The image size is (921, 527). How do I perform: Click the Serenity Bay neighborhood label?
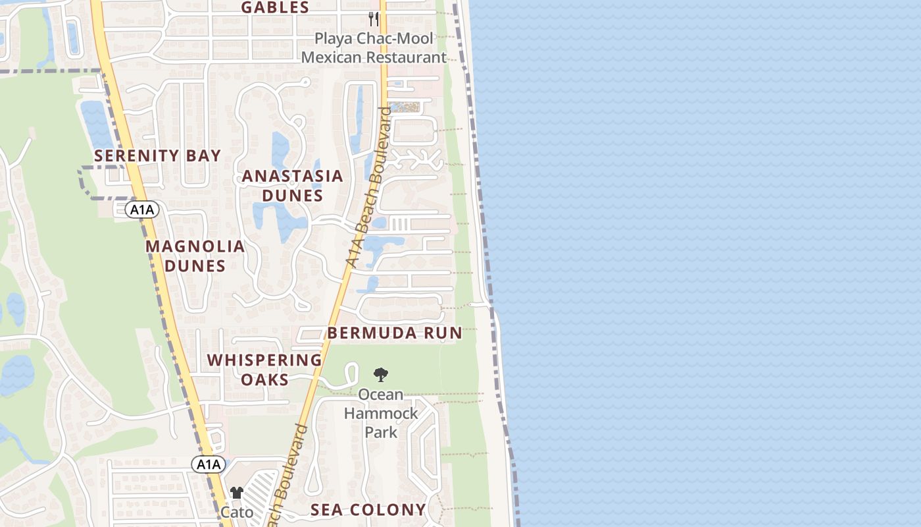[157, 156]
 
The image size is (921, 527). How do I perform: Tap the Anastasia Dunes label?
[293, 186]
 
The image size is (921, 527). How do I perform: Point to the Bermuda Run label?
[395, 333]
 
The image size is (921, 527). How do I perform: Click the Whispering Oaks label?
[264, 370]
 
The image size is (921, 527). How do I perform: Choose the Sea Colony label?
[368, 510]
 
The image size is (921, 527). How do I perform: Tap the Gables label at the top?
[275, 8]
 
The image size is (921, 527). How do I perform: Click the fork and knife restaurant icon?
[373, 18]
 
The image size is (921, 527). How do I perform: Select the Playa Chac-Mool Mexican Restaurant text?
[374, 48]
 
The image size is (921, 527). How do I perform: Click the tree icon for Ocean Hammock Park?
[380, 375]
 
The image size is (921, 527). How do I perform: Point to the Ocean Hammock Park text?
[381, 413]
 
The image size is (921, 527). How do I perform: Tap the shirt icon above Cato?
[237, 493]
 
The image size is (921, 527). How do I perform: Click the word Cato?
[237, 512]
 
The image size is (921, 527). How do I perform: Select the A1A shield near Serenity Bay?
[142, 210]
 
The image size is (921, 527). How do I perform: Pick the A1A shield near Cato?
[209, 464]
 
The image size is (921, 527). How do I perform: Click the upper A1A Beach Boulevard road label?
[368, 188]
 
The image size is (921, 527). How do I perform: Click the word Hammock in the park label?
[381, 413]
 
